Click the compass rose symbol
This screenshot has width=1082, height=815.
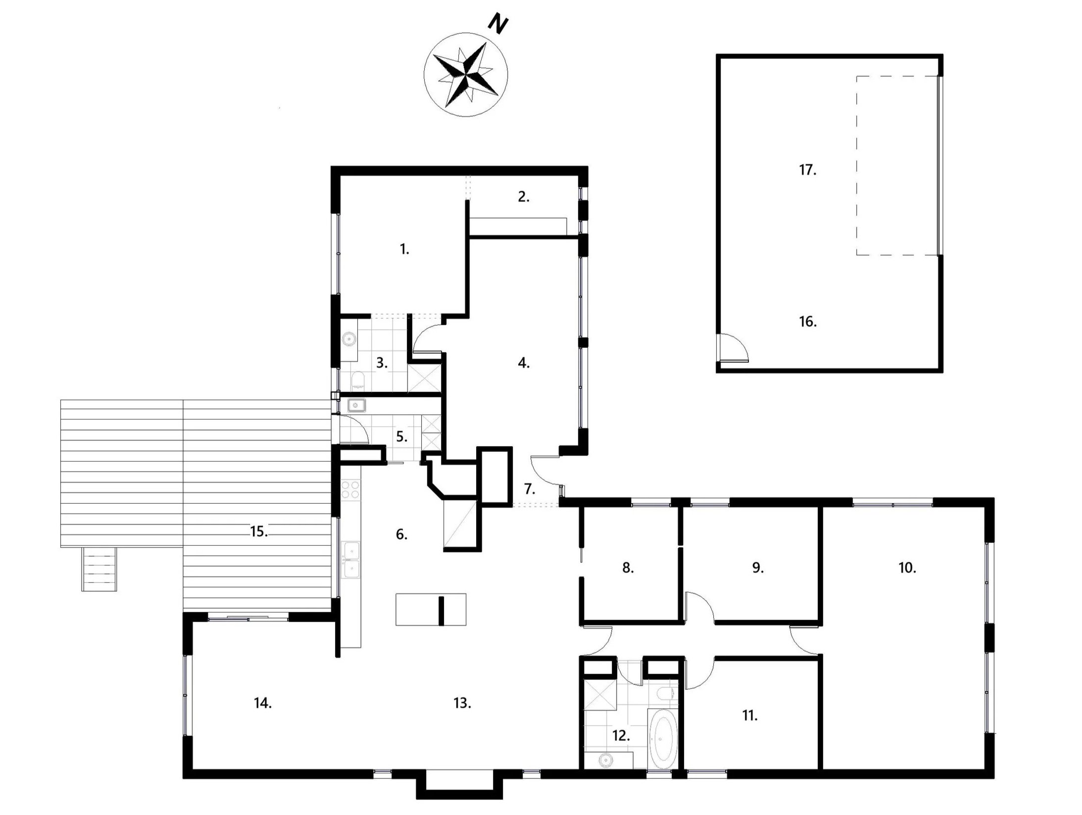[465, 75]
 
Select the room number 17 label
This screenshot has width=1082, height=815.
[807, 170]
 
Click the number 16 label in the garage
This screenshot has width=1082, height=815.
[807, 322]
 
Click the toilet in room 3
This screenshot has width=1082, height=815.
[358, 380]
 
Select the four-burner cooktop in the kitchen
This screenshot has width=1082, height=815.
[350, 489]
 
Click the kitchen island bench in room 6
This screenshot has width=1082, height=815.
[431, 610]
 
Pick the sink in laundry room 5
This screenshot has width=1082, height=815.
[356, 406]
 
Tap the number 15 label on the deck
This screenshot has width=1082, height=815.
[259, 532]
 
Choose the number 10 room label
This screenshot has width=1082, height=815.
[907, 568]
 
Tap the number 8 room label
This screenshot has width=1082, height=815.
[628, 568]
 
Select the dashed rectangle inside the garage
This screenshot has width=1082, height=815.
[897, 165]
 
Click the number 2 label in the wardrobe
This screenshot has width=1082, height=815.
[523, 197]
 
